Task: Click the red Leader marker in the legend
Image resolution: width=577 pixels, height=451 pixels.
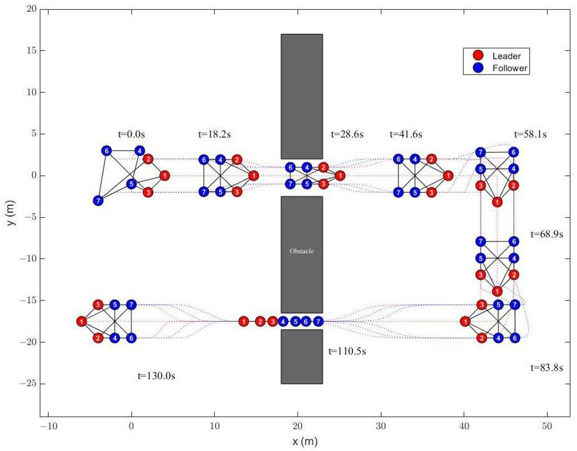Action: tap(478, 55)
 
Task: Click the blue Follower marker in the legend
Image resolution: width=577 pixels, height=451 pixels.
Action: tap(478, 68)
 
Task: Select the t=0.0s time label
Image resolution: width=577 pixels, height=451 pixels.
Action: tap(131, 134)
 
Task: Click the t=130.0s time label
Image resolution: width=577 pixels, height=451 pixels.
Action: tap(156, 376)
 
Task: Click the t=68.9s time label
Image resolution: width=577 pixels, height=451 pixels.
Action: tap(547, 234)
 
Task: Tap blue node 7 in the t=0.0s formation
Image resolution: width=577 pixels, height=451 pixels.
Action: tap(98, 201)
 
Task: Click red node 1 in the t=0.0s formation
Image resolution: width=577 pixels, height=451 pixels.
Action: tap(165, 175)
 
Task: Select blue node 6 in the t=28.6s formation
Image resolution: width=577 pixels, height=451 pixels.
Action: tap(290, 167)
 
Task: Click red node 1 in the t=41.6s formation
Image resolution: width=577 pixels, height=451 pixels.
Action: tap(448, 175)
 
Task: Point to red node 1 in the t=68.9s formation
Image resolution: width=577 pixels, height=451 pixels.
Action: tap(497, 292)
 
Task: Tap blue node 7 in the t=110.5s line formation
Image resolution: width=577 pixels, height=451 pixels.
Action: tap(318, 322)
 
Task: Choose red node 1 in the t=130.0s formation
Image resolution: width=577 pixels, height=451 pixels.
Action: tap(82, 322)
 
